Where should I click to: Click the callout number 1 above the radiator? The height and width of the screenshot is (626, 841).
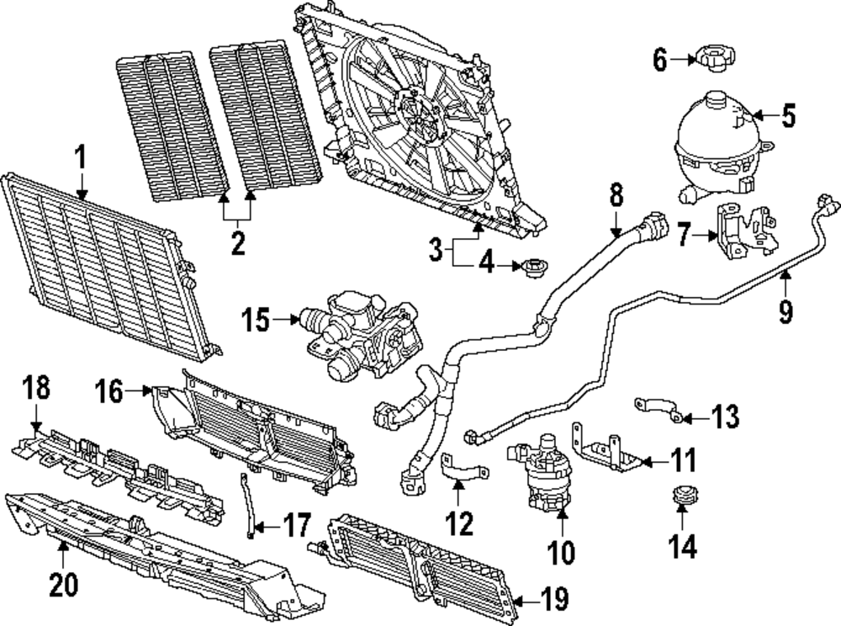click(x=82, y=157)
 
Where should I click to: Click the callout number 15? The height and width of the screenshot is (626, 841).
click(x=255, y=320)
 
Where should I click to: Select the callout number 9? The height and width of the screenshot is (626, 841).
click(x=785, y=312)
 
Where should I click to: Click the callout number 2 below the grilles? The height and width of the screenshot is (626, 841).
click(x=238, y=244)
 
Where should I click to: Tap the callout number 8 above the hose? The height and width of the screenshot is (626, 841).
click(x=616, y=195)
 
